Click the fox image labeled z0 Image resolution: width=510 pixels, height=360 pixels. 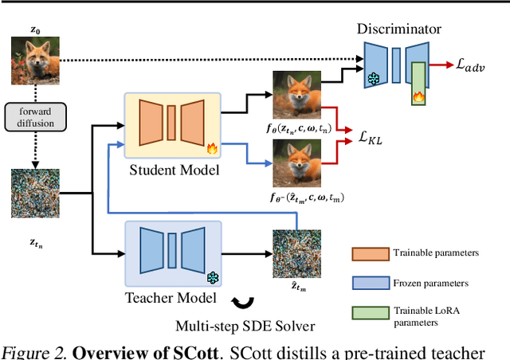pos(33,61)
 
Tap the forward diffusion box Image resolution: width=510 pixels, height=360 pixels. pos(33,117)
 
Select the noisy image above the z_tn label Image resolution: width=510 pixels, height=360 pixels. pos(33,192)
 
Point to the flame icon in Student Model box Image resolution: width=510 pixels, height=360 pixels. pos(212,147)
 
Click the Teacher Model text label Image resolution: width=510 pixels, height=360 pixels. pos(170,299)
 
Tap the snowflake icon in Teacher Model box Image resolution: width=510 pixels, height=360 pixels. pos(213,278)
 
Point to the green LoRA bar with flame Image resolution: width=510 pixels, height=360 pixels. pos(418,83)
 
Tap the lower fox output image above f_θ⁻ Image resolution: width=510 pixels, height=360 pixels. pos(297,162)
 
